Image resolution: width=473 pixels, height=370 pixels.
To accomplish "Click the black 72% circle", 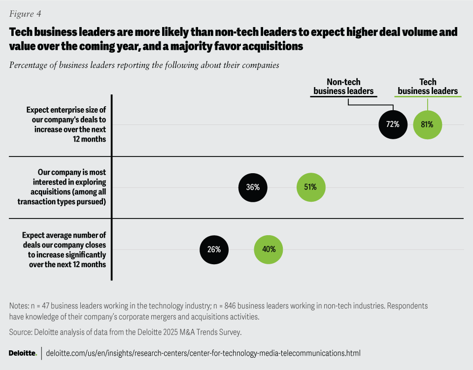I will [x=393, y=124].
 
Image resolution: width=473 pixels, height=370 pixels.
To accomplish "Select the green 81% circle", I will [x=427, y=124].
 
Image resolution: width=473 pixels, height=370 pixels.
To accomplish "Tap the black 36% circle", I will [x=253, y=187].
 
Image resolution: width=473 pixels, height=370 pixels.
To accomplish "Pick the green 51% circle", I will [x=311, y=187].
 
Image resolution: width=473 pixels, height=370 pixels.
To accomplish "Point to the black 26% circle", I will [x=214, y=249].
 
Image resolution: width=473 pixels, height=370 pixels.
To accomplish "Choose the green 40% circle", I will [x=269, y=249].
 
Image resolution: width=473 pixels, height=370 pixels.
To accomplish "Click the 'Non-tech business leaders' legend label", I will [x=343, y=87].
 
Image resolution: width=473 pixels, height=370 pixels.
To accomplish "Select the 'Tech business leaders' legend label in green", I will [x=428, y=87].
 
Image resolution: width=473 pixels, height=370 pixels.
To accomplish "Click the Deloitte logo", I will [x=23, y=353].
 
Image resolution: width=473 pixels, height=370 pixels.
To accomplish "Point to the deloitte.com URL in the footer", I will [x=203, y=353].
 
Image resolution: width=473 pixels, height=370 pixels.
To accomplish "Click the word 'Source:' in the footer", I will [x=22, y=332].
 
